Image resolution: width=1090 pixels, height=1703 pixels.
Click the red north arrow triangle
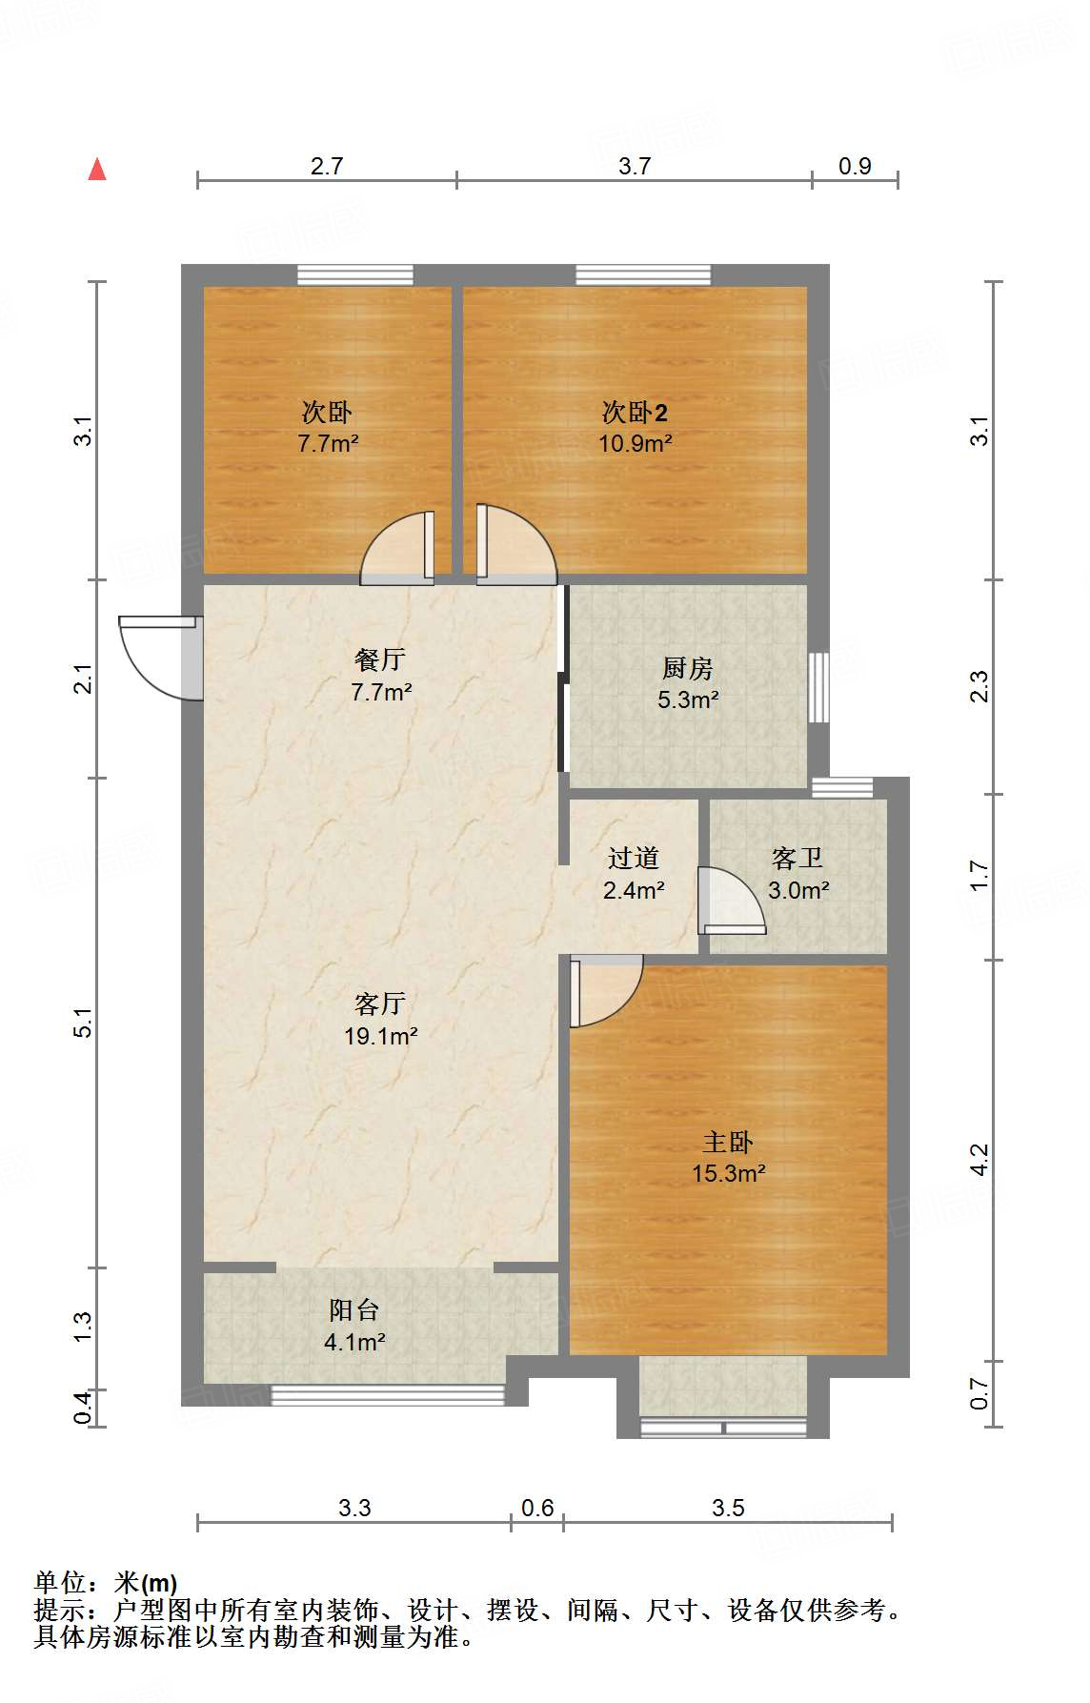97,170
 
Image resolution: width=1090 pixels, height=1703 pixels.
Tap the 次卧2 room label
635,413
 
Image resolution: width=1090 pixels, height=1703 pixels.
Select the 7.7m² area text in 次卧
328,443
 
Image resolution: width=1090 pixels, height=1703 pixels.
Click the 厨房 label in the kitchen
687,668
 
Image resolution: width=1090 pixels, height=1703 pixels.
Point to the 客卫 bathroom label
797,859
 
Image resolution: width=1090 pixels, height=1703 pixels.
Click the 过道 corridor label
634,859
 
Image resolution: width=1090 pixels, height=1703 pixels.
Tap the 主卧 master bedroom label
728,1142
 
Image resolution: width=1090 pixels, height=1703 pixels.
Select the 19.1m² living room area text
380,1036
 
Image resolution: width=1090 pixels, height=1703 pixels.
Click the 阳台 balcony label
353,1310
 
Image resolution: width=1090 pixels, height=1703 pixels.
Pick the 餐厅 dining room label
380,659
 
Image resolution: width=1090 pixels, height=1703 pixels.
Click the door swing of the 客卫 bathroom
729,901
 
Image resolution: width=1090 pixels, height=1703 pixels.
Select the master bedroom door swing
606,991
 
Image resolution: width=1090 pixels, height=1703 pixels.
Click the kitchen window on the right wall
817,687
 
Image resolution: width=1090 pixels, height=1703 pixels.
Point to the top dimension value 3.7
635,166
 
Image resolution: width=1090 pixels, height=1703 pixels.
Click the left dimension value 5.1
84,1023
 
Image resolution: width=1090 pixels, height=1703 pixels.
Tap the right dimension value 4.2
979,1160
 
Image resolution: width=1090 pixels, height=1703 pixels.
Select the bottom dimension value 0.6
537,1508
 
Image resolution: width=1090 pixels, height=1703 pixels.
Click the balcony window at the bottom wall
388,1396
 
